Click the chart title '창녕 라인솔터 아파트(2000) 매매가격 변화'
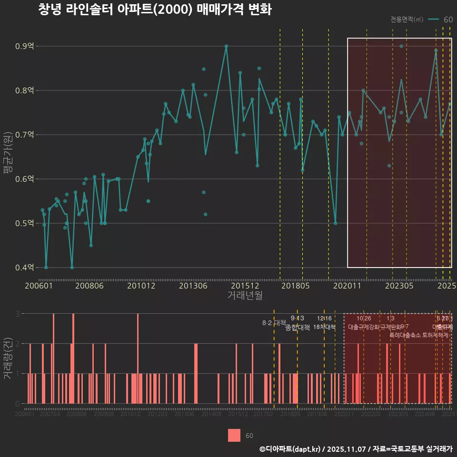155,10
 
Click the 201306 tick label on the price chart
193,286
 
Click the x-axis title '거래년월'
245,296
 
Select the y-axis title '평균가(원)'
8,157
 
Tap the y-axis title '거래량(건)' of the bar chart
8,358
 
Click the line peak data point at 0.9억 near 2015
226,46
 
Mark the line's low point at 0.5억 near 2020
336,223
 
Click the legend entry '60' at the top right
447,20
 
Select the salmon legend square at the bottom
234,436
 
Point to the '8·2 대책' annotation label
274,323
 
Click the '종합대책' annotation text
298,328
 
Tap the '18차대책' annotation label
324,327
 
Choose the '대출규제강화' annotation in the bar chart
364,328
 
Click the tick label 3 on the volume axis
17,314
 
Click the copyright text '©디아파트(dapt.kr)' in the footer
290,449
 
